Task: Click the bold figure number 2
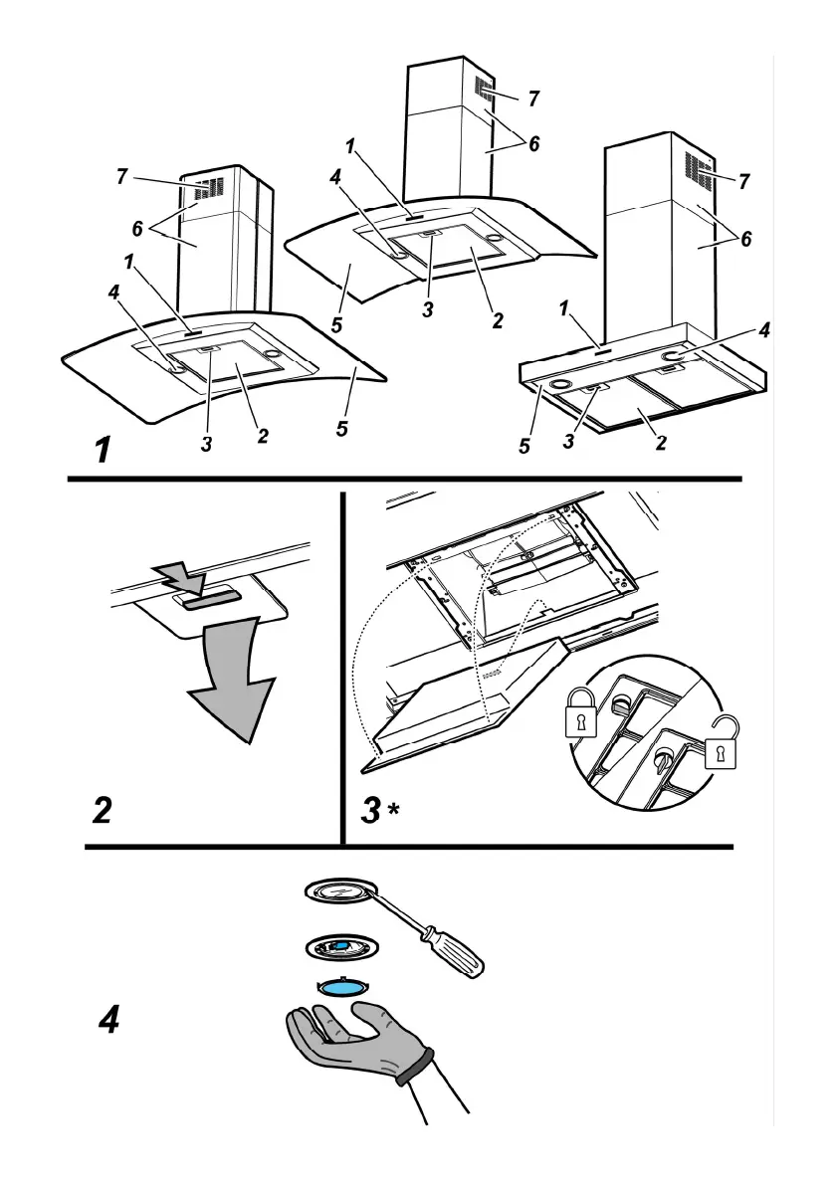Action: pyautogui.click(x=102, y=810)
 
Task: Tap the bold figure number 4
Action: pyautogui.click(x=109, y=1019)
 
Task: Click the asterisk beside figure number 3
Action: pyautogui.click(x=394, y=808)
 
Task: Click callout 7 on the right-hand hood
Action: pyautogui.click(x=742, y=181)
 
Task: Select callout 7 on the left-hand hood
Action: pyautogui.click(x=121, y=177)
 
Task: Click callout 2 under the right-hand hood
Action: pyautogui.click(x=661, y=444)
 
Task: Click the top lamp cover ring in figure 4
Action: pyautogui.click(x=340, y=892)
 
